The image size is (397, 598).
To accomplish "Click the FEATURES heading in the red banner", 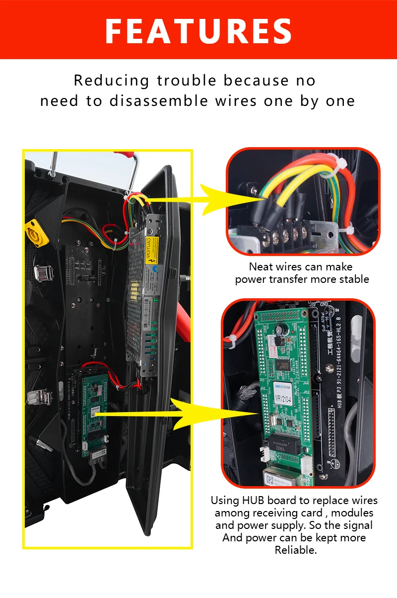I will point(198,31).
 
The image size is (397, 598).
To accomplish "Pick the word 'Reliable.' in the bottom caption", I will point(296,550).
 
